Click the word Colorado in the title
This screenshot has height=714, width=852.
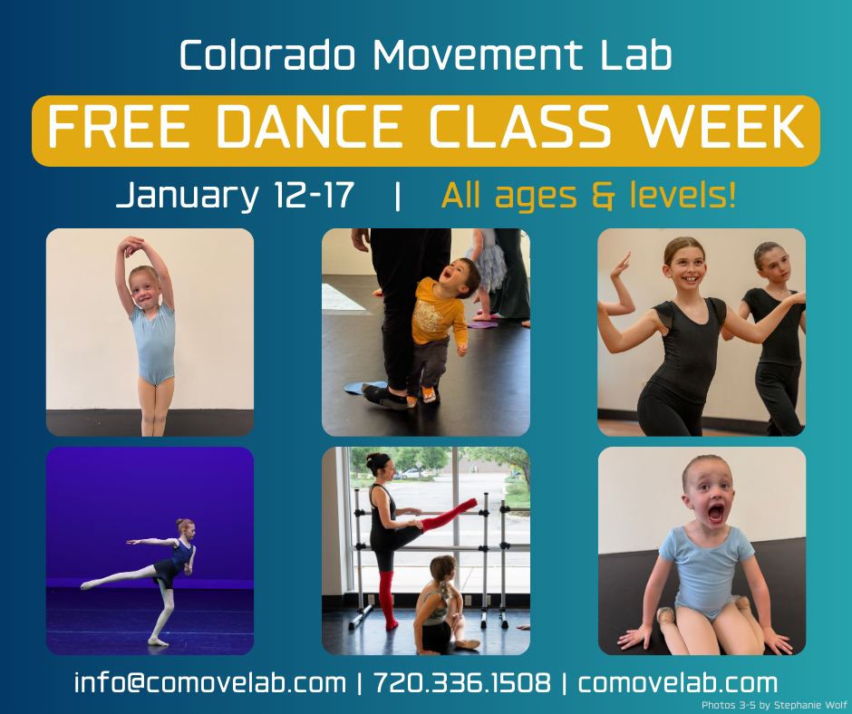(267, 55)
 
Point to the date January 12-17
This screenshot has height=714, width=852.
(235, 195)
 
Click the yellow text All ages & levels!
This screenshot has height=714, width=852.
(589, 195)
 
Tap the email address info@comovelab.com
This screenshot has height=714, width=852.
(209, 682)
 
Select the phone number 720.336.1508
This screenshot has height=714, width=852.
(462, 682)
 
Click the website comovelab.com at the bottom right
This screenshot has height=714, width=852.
(678, 682)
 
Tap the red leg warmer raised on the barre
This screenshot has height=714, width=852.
(449, 515)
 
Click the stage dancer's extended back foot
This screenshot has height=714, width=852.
(87, 585)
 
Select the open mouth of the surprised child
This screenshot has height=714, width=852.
(715, 513)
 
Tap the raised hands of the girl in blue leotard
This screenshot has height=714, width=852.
(131, 245)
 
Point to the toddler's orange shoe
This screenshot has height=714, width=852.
(429, 395)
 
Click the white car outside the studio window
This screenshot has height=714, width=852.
(411, 473)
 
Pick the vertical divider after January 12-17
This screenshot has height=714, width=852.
(398, 196)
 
